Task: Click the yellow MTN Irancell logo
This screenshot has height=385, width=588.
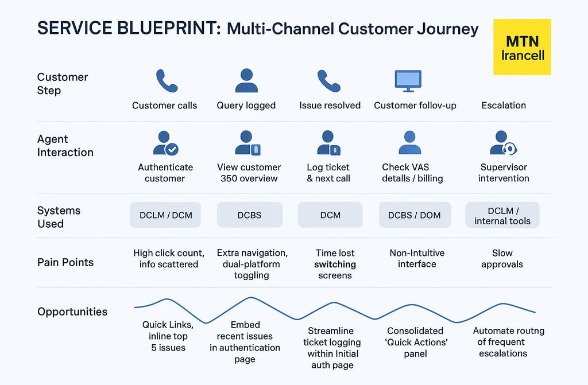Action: [522, 47]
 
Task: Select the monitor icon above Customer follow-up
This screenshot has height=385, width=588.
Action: [408, 80]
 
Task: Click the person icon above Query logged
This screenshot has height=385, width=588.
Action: [246, 81]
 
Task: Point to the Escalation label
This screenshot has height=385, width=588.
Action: [504, 106]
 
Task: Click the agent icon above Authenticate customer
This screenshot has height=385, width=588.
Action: [165, 143]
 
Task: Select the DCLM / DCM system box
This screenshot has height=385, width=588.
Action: [166, 215]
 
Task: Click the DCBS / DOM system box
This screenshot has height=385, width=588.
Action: [415, 215]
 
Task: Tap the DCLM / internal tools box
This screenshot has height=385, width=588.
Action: [502, 215]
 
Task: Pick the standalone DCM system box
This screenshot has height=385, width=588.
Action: [330, 215]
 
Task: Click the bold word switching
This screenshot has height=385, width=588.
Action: [335, 265]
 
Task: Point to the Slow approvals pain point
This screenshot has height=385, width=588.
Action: [502, 259]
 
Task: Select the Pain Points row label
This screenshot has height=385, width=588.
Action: [65, 263]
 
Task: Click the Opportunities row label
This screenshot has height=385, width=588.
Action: [72, 312]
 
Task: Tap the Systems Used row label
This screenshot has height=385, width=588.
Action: [59, 217]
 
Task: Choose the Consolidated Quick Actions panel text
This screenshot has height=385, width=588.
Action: [415, 342]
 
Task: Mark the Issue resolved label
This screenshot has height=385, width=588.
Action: [330, 106]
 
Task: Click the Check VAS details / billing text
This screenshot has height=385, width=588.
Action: [412, 173]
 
